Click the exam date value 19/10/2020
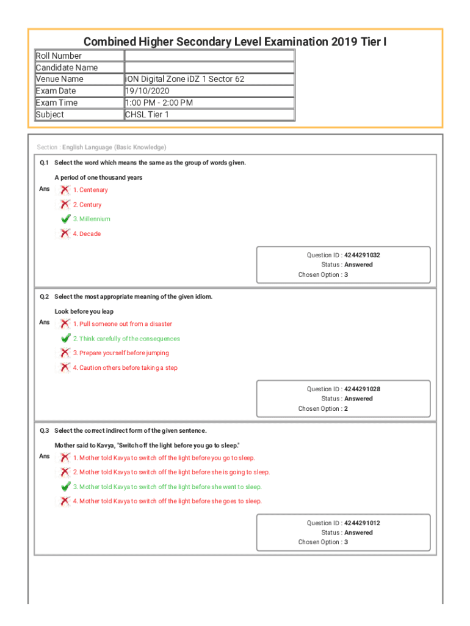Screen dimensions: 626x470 (x=145, y=91)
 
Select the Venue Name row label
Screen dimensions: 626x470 (x=60, y=79)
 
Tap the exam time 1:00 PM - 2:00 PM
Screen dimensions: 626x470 (x=159, y=103)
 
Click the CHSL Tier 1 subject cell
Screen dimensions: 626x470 (x=147, y=114)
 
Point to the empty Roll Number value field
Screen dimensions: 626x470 (x=209, y=56)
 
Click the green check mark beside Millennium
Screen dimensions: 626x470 (x=65, y=219)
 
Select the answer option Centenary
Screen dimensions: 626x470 (x=90, y=190)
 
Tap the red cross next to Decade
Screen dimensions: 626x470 (x=65, y=234)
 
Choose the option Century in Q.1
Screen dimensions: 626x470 (x=87, y=205)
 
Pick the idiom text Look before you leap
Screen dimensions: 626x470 (x=84, y=311)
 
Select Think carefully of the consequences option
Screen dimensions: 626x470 (x=126, y=339)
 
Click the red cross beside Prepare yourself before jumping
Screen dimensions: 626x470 (x=65, y=353)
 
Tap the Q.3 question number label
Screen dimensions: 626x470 (x=45, y=430)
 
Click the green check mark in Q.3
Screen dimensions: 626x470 (x=65, y=487)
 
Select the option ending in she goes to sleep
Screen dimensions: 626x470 (x=167, y=501)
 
